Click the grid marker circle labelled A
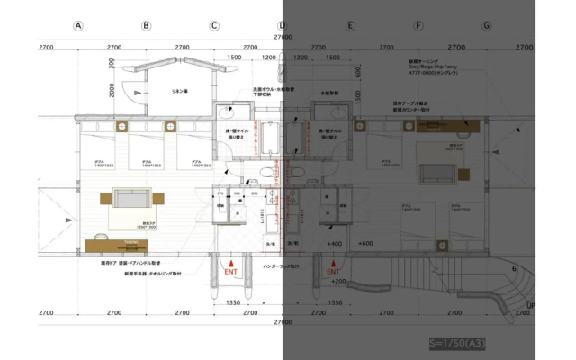(x=78, y=26)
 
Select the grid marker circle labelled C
(x=214, y=26)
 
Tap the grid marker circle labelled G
(x=487, y=26)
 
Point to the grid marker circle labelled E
(x=350, y=26)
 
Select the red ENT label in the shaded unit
(x=333, y=269)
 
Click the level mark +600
(x=364, y=244)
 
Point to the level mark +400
(x=334, y=244)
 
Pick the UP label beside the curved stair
(x=530, y=305)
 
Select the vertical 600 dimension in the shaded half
(x=358, y=72)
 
